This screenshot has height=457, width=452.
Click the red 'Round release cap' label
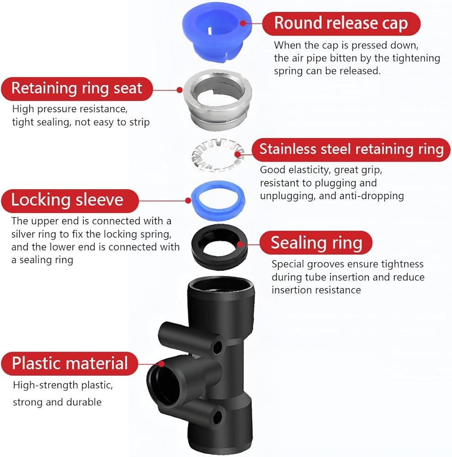[340, 23]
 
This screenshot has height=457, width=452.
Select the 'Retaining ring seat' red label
[76, 88]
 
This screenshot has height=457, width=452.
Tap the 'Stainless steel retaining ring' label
[351, 149]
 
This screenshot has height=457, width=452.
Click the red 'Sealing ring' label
[316, 243]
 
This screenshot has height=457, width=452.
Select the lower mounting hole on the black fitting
[218, 416]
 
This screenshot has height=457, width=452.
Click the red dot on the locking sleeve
[188, 200]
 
